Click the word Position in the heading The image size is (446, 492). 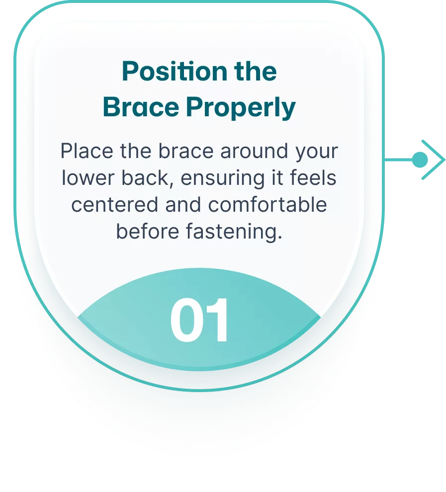click(175, 71)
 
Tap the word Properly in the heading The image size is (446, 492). click(241, 107)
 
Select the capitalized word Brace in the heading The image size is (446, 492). click(141, 107)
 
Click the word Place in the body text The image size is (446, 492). click(87, 151)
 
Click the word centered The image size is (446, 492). click(114, 205)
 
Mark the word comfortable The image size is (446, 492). click(268, 205)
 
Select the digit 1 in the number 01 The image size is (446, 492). click(217, 320)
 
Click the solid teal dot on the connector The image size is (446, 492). click(420, 160)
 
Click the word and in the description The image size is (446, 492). click(183, 205)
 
